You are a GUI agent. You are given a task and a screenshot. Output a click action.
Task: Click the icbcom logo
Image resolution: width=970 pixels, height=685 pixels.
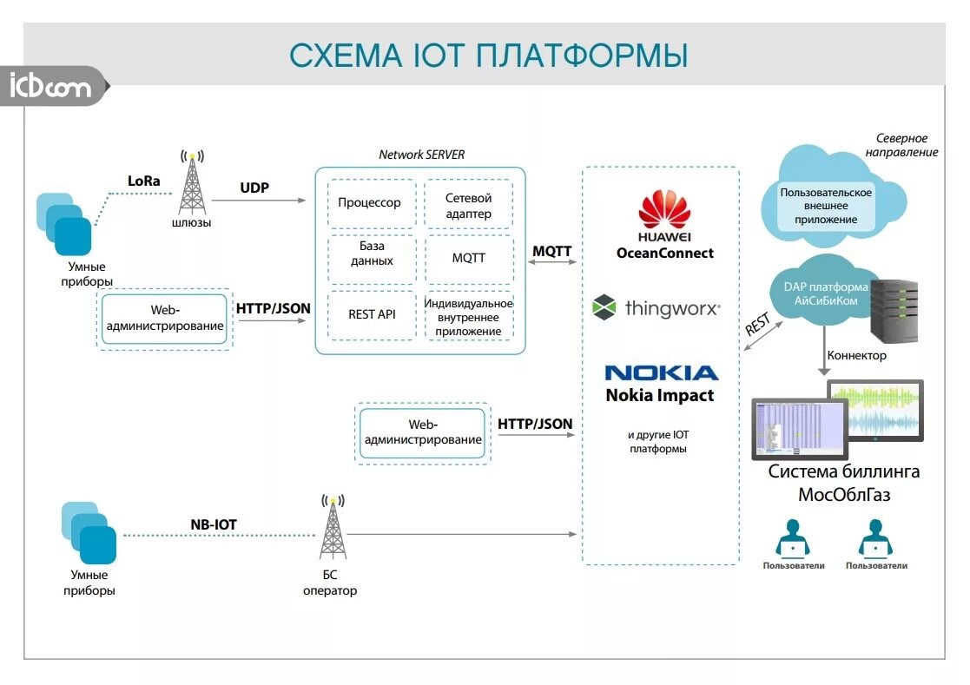click(50, 87)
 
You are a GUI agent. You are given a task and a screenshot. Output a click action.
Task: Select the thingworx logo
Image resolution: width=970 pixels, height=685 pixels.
click(656, 307)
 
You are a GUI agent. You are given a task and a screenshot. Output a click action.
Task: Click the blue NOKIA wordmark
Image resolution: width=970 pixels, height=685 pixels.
click(662, 373)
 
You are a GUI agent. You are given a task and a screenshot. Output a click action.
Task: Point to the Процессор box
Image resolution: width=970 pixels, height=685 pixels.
click(370, 203)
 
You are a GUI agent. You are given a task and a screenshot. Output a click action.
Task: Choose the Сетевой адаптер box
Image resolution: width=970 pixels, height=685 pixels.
click(468, 206)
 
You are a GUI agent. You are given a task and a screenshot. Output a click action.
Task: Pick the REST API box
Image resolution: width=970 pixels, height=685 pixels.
click(372, 314)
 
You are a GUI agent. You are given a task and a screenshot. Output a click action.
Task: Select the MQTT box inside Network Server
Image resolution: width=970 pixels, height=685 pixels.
click(468, 259)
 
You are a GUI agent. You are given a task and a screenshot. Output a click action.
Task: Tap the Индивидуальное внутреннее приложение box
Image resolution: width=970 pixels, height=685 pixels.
click(469, 317)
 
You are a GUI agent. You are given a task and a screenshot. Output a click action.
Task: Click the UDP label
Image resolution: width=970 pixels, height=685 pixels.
click(254, 188)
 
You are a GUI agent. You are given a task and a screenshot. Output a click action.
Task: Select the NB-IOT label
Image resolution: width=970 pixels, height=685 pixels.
click(214, 524)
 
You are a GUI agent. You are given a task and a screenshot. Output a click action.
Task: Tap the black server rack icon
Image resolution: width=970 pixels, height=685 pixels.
click(895, 311)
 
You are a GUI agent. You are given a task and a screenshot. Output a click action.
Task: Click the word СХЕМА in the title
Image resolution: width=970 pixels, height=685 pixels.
click(341, 55)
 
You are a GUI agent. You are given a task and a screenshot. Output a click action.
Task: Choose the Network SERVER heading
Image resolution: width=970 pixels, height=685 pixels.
click(421, 155)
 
